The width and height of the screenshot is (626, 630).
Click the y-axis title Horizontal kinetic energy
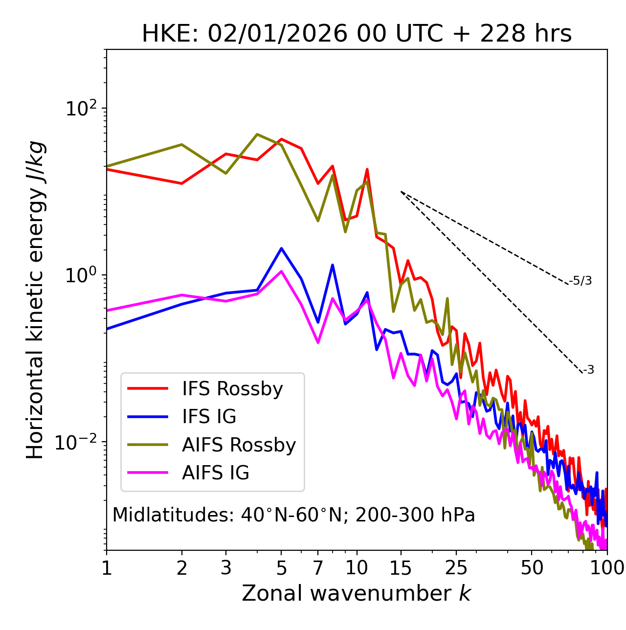35,300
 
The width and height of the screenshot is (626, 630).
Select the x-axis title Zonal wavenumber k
356,593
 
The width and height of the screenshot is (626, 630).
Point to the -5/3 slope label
581,281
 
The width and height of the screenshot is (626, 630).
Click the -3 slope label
588,370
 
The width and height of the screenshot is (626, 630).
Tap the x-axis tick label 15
401,568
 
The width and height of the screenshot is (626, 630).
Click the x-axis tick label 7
318,568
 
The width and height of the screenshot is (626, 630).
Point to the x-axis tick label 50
532,568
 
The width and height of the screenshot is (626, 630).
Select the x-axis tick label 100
607,568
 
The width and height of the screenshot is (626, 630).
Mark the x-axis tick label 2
182,568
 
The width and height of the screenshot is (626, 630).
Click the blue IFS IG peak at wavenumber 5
281,248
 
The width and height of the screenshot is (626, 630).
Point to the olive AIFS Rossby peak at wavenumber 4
257,134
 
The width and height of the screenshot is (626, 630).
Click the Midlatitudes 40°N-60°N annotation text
293,515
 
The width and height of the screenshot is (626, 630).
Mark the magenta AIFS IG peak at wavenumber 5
281,271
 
